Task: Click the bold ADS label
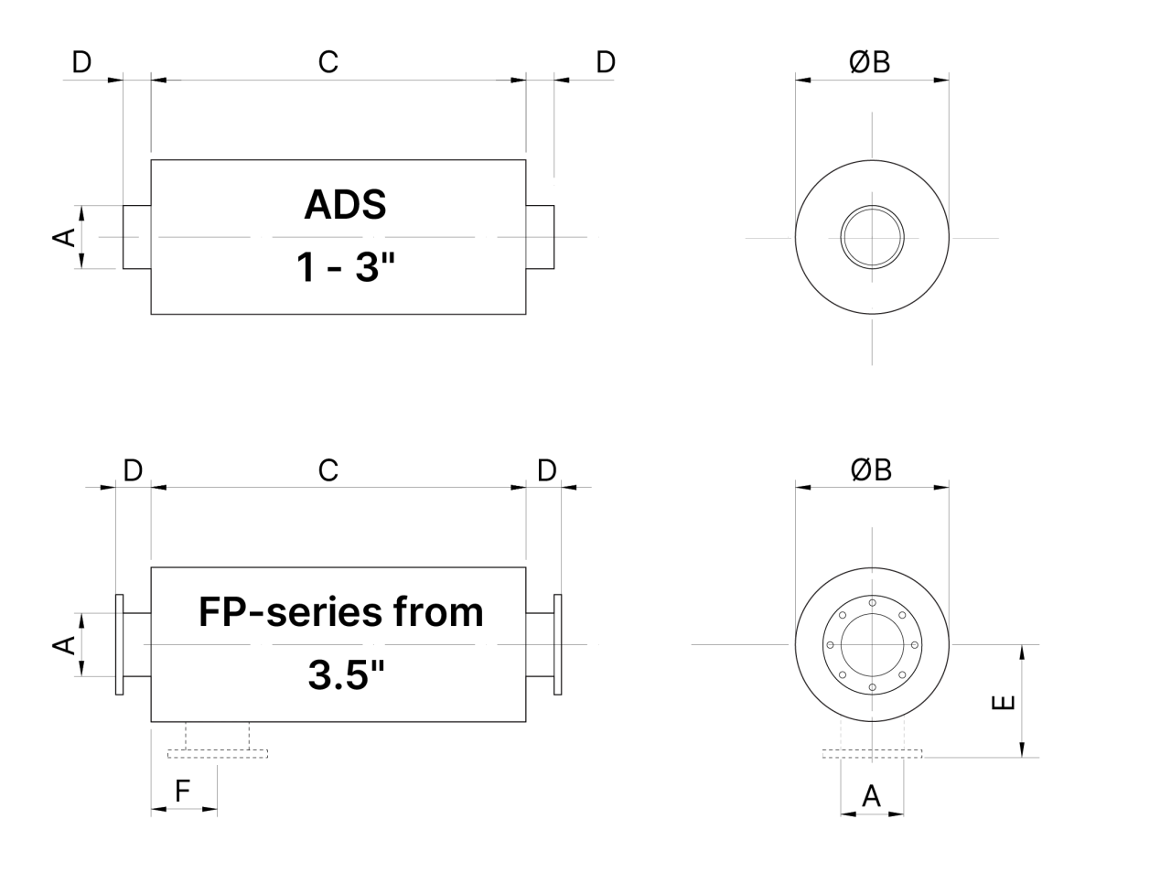click(x=345, y=204)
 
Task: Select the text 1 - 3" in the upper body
click(x=345, y=266)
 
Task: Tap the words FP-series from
click(x=341, y=611)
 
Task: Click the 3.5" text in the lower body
click(x=346, y=674)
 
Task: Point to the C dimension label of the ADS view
click(x=328, y=62)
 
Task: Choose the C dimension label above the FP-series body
click(x=328, y=470)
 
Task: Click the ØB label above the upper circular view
click(x=869, y=62)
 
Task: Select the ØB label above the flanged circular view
click(x=871, y=470)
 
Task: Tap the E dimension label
click(x=1003, y=702)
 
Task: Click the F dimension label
click(x=182, y=791)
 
